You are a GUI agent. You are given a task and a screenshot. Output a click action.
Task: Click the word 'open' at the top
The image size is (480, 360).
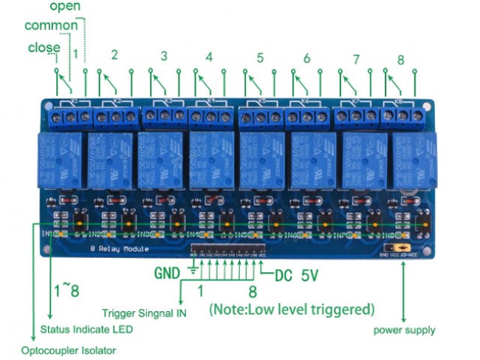66,7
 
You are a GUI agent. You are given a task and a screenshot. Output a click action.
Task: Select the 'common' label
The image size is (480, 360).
51,26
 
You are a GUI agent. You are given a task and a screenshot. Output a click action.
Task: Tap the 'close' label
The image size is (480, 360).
44,48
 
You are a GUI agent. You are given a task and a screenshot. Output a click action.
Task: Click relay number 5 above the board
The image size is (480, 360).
260,56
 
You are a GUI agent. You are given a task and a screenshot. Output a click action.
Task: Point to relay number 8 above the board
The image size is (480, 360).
401,59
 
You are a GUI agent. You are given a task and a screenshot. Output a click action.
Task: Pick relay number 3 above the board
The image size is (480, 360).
164,55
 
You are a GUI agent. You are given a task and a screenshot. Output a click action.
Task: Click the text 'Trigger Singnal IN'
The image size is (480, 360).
144,313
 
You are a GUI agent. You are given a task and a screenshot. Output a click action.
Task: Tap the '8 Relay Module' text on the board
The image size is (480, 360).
119,249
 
